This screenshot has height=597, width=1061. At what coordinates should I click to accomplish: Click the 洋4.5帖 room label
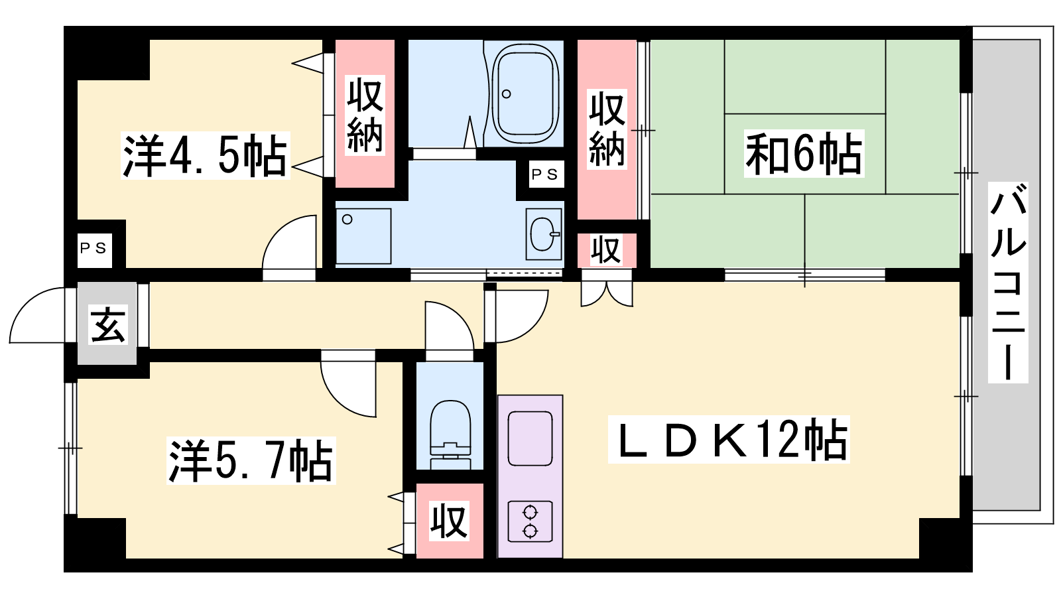pos(205,155)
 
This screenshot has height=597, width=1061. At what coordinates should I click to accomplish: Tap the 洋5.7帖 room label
pos(251,460)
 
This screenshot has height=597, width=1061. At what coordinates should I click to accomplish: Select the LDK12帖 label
pos(729,440)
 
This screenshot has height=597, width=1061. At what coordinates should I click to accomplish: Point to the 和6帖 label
pos(804,153)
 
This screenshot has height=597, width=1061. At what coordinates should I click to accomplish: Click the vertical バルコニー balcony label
pos(1008,283)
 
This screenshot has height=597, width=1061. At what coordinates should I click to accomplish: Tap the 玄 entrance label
pos(109,325)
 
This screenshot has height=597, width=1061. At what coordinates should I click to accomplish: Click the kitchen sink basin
pos(530,438)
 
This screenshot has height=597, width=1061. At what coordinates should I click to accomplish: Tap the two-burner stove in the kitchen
pos(530,521)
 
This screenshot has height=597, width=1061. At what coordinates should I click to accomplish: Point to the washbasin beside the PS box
pos(544,234)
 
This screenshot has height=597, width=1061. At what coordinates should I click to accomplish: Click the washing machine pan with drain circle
pos(363,236)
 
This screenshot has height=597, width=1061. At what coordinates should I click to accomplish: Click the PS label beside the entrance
pos(94,248)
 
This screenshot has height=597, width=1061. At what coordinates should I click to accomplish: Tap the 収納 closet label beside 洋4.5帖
pos(365,115)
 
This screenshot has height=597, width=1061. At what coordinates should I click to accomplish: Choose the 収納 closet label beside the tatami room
pos(607,129)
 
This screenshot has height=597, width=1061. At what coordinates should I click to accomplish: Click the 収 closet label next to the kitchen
pos(449,521)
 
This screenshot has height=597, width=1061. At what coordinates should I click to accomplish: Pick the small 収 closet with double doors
pos(606,251)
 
